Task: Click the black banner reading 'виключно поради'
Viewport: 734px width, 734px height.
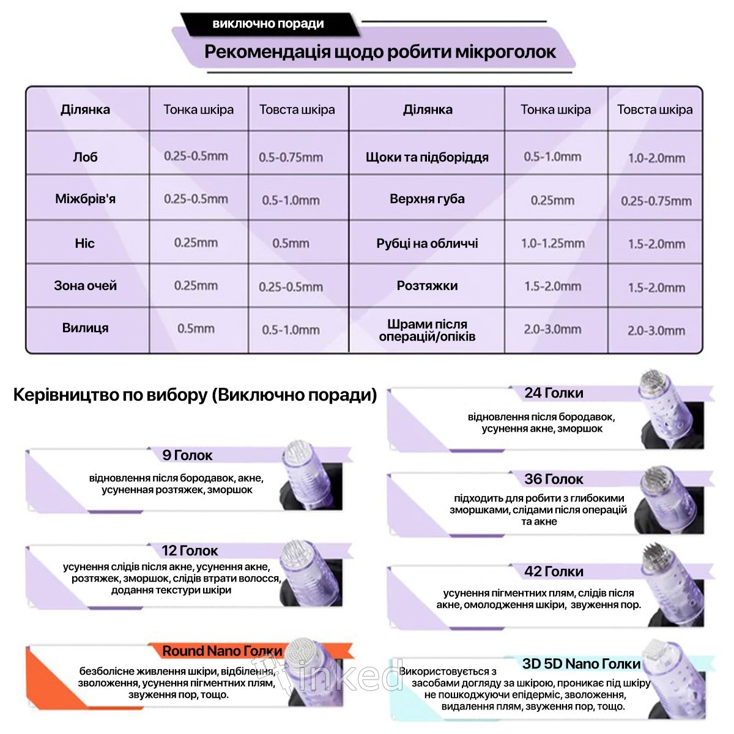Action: (x=268, y=24)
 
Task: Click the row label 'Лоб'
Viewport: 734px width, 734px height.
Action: (x=85, y=157)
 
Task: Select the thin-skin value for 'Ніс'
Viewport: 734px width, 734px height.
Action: (x=196, y=243)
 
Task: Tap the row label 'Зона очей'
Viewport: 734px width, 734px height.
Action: (x=85, y=286)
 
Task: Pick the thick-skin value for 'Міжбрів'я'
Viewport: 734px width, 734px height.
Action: (x=291, y=200)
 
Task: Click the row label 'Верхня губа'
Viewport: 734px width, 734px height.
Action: (x=427, y=199)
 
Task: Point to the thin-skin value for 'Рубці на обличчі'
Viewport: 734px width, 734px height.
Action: (x=552, y=243)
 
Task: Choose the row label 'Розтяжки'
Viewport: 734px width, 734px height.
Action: (x=427, y=286)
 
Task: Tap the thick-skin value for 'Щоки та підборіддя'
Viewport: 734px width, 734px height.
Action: (x=656, y=158)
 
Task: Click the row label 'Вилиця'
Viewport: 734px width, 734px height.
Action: (x=85, y=328)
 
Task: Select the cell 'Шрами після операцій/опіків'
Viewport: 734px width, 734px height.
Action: (x=427, y=330)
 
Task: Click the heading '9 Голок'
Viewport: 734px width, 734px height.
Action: (x=187, y=455)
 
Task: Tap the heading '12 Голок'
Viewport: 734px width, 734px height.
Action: (x=190, y=550)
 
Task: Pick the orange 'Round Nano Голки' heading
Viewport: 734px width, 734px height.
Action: (x=222, y=651)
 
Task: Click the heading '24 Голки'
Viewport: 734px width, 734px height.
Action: (x=554, y=393)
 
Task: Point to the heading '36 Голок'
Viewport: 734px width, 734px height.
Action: (x=554, y=479)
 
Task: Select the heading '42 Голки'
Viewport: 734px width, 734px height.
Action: (x=554, y=571)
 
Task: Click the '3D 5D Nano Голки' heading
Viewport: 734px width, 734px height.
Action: (x=581, y=664)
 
